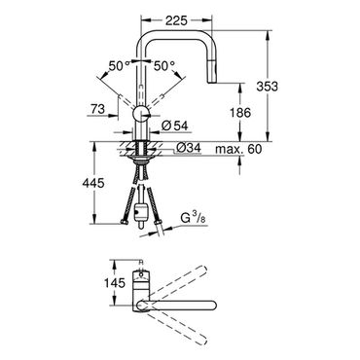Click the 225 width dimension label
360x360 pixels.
(176, 20)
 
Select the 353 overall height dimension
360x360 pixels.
(268, 87)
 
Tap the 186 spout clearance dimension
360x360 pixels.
(240, 113)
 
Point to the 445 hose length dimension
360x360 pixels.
(93, 183)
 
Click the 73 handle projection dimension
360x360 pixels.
(97, 109)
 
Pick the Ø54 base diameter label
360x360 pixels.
(174, 126)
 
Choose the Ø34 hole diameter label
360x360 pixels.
(188, 148)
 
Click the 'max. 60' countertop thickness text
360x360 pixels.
(238, 149)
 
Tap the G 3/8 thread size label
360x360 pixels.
(193, 219)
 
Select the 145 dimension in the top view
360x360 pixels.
(115, 283)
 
